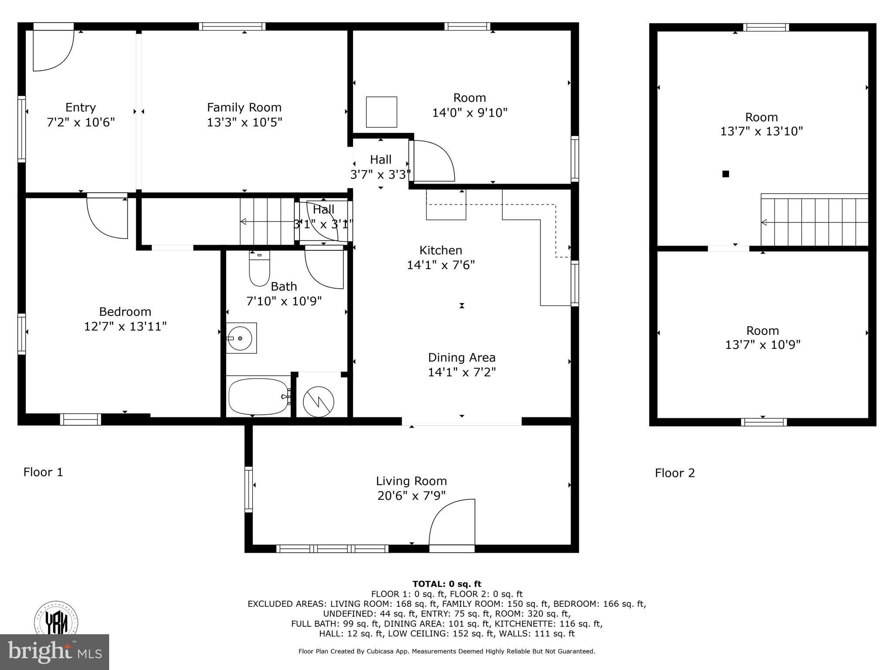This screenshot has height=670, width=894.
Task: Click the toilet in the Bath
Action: pyautogui.click(x=259, y=269)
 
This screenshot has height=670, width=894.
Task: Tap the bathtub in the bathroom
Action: pyautogui.click(x=258, y=397)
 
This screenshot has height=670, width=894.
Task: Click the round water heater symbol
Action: pyautogui.click(x=319, y=401)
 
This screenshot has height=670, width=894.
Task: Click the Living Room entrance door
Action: pyautogui.click(x=452, y=523)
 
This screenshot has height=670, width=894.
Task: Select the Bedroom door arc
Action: pyautogui.click(x=107, y=217)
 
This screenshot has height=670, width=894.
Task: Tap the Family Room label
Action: pyautogui.click(x=244, y=107)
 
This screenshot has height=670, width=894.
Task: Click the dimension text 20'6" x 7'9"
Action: pyautogui.click(x=411, y=496)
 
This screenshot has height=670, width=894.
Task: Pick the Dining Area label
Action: pyautogui.click(x=461, y=358)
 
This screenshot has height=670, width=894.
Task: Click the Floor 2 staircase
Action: pyautogui.click(x=815, y=222)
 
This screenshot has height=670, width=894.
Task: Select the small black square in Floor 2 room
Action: pyautogui.click(x=726, y=174)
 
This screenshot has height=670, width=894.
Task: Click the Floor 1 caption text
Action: pyautogui.click(x=43, y=472)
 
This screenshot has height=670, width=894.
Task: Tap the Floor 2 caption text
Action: pyautogui.click(x=674, y=473)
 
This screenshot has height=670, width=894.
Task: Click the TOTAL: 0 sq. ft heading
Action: pyautogui.click(x=447, y=584)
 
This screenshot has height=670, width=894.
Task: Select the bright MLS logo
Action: pyautogui.click(x=55, y=652)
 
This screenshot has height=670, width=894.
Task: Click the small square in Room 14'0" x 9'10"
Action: pyautogui.click(x=381, y=112)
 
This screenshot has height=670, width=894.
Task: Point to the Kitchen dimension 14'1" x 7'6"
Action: pyautogui.click(x=440, y=265)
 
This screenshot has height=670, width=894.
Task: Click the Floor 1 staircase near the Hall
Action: pyautogui.click(x=267, y=222)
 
